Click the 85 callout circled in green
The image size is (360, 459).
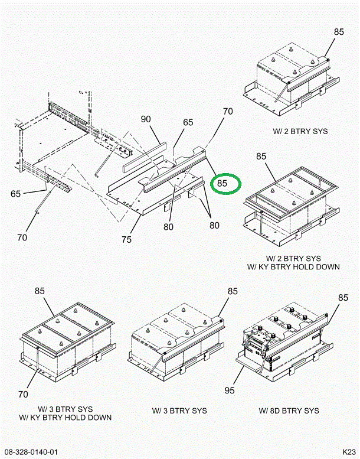(x=222, y=184)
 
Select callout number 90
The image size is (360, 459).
(x=146, y=119)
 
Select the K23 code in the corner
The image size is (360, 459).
(x=349, y=453)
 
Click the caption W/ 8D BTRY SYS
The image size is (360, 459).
(x=289, y=411)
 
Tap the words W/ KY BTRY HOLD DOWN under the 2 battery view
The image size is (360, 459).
(x=293, y=266)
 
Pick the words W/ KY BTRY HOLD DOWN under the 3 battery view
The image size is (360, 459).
(x=65, y=418)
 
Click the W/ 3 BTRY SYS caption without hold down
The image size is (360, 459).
(x=179, y=411)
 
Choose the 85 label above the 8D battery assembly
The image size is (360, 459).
(x=343, y=298)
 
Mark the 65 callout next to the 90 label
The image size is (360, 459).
(x=188, y=123)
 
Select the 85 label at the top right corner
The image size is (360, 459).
(x=338, y=32)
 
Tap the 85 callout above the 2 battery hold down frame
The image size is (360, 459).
(x=261, y=157)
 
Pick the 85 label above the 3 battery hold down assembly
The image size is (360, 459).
(x=40, y=291)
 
